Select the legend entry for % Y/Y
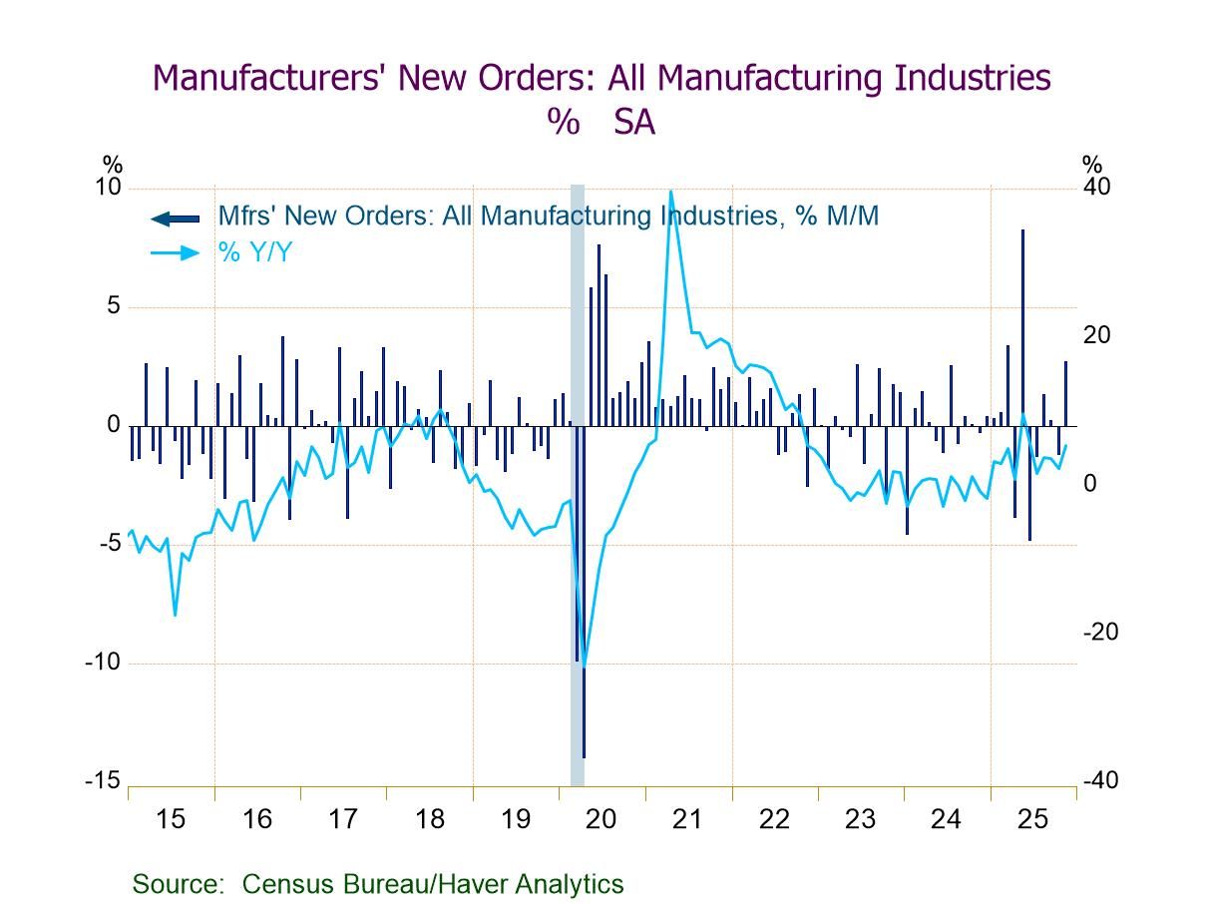click(255, 252)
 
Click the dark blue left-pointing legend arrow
click(175, 218)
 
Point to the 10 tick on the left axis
click(108, 188)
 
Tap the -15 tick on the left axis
click(103, 781)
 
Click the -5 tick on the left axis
click(109, 544)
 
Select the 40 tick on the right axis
click(1096, 188)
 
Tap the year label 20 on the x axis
click(602, 819)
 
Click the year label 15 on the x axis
click(171, 819)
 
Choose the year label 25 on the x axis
click(1032, 819)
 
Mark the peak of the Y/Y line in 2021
click(670, 191)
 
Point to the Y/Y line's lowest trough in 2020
click(584, 667)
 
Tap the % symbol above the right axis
click(1092, 165)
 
